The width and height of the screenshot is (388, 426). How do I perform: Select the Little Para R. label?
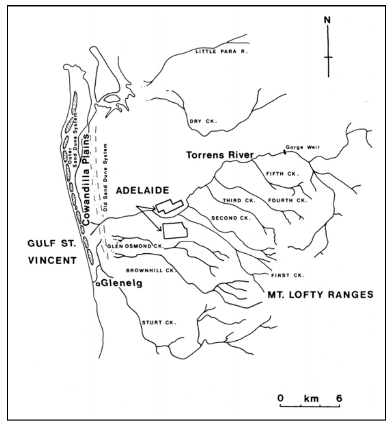click(221, 52)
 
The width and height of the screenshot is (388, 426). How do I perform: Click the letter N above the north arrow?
click(327, 20)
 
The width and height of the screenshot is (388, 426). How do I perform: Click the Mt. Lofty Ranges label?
click(320, 294)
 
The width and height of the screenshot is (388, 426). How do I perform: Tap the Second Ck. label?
click(231, 218)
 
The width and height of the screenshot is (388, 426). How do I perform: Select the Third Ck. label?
click(239, 201)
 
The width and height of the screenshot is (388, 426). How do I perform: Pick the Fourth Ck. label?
click(287, 200)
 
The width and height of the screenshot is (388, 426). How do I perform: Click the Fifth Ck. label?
click(282, 174)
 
